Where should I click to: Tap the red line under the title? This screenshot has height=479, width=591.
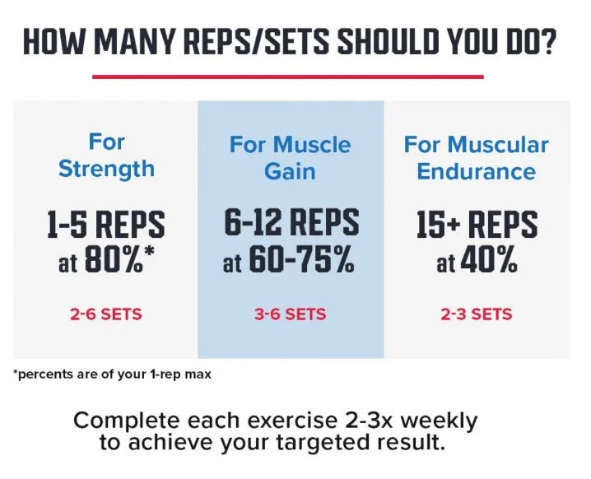287,77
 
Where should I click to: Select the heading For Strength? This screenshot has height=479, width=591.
106,155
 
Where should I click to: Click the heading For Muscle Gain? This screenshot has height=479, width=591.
290,158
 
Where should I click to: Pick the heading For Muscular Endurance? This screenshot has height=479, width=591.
476,158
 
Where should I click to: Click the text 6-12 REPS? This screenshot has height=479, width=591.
291,222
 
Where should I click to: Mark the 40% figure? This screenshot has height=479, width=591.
489,263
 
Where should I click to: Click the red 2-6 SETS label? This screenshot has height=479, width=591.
106,314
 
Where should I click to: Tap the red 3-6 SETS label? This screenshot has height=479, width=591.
291,314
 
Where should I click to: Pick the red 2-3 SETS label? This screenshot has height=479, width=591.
477,314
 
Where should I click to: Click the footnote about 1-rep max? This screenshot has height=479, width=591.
112,374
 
